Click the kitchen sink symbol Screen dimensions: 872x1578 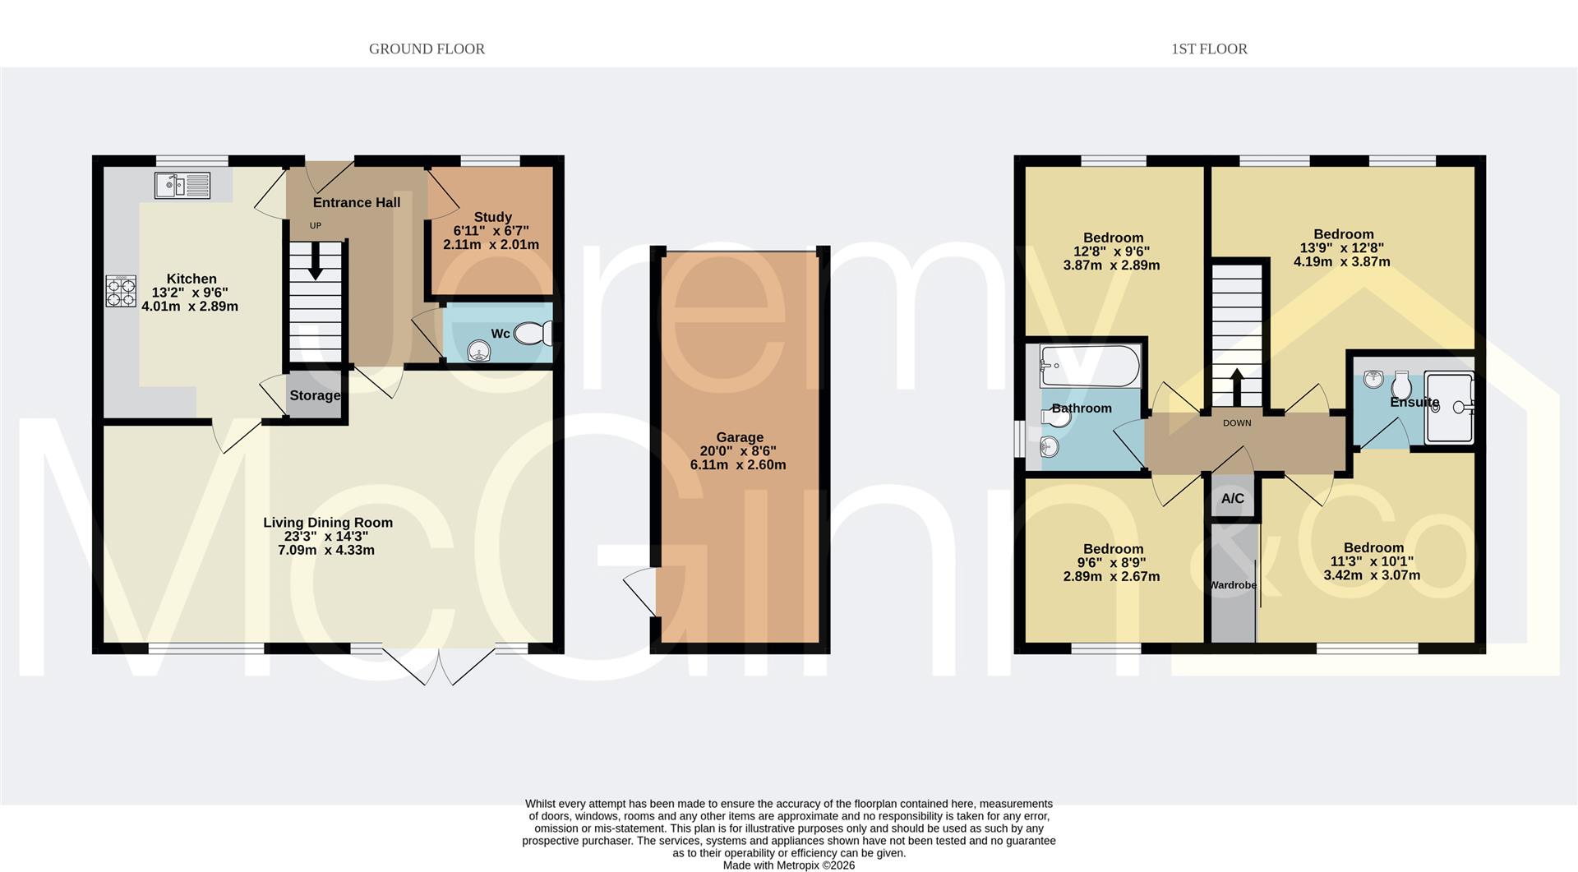pyautogui.click(x=182, y=185)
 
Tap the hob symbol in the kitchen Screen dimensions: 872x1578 pyautogui.click(x=121, y=291)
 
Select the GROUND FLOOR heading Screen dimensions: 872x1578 pyautogui.click(x=427, y=49)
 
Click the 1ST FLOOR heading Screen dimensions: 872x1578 pyautogui.click(x=1209, y=49)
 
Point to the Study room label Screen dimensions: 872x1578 pyautogui.click(x=492, y=217)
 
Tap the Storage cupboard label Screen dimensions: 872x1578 pyautogui.click(x=315, y=395)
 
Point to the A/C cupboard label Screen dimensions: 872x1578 pyautogui.click(x=1232, y=498)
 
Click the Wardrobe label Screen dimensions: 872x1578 pyautogui.click(x=1233, y=585)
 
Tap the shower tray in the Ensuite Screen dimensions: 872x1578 pyautogui.click(x=1450, y=407)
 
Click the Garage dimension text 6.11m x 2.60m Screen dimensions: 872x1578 pyautogui.click(x=738, y=465)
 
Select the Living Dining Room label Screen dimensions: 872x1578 pyautogui.click(x=328, y=523)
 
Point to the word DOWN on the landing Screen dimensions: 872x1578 pyautogui.click(x=1237, y=423)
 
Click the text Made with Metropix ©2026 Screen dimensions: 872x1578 pyautogui.click(x=788, y=865)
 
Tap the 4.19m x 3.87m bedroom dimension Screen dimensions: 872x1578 pyautogui.click(x=1341, y=262)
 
